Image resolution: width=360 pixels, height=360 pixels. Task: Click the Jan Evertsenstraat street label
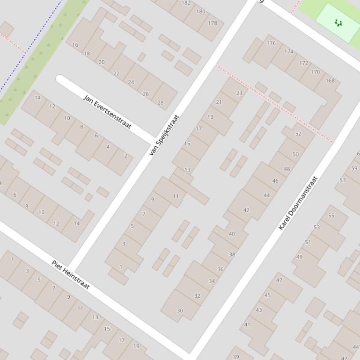(107, 112)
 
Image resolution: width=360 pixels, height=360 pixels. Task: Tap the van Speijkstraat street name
(164, 135)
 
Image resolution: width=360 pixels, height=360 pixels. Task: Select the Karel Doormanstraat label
(298, 203)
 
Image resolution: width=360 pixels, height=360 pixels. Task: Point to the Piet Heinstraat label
(70, 274)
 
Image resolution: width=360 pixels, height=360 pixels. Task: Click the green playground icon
(338, 22)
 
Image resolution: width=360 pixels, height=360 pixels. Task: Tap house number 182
(186, 3)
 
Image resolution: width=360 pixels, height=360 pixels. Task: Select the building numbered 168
(330, 80)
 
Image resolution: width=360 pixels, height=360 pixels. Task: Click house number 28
(161, 102)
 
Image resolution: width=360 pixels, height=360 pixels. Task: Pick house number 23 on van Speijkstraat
(239, 93)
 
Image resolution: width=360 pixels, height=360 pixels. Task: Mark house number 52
(298, 134)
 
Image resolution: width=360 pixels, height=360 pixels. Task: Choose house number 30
(180, 310)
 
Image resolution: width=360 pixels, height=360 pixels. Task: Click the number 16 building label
(75, 45)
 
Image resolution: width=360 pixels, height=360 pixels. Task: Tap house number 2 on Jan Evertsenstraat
(125, 156)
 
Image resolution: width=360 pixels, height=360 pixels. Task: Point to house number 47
(279, 281)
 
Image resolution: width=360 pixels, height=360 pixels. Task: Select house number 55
(331, 216)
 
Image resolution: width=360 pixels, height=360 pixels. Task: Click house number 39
(235, 357)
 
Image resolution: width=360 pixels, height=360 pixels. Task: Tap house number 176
(271, 43)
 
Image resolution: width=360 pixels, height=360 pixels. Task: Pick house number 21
(219, 102)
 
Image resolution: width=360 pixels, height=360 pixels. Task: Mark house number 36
(220, 269)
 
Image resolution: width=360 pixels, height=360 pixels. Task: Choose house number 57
(343, 180)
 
